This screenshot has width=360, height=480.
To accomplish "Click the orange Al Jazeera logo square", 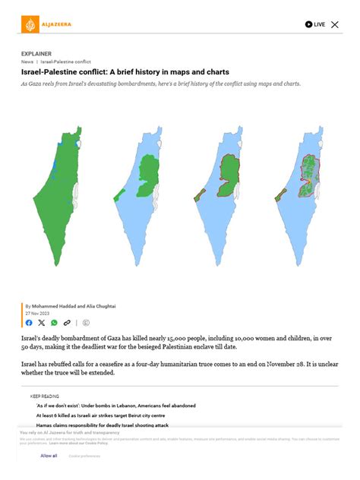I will click(x=29, y=24).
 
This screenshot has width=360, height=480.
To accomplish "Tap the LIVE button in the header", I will click(x=315, y=24).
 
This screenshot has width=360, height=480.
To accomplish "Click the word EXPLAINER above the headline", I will click(x=36, y=54).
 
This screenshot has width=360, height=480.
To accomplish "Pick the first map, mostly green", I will click(x=64, y=197).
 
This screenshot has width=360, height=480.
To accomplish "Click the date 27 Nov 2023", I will click(x=38, y=313).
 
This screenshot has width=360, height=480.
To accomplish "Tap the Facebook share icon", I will click(x=29, y=323).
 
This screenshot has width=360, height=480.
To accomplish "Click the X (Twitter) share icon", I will click(x=41, y=323).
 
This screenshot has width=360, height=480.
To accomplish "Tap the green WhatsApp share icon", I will click(x=54, y=323).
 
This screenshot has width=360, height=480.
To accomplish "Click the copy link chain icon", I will click(x=68, y=323).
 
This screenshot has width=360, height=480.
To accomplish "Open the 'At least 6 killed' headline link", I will click(x=99, y=415).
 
